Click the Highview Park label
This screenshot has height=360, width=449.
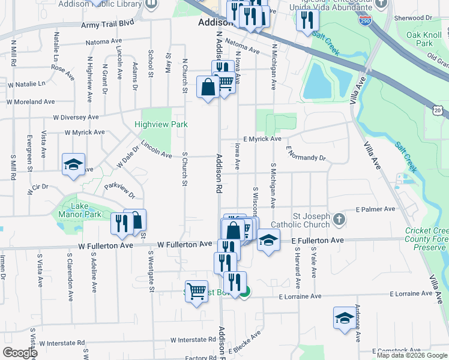(161, 124)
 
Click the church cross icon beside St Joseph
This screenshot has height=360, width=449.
(339, 219)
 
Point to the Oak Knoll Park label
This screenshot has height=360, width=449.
(419, 39)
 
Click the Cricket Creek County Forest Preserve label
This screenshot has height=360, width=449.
(427, 238)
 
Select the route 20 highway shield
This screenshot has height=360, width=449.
(438, 110)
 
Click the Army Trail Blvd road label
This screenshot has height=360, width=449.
(107, 25)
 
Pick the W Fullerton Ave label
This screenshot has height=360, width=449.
(185, 244)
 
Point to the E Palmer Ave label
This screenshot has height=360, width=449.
(376, 209)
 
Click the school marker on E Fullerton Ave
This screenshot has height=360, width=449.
(268, 241)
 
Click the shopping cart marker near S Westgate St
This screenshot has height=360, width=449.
(196, 292)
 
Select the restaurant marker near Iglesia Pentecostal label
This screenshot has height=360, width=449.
(307, 20)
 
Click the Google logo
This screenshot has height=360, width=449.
(20, 353)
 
